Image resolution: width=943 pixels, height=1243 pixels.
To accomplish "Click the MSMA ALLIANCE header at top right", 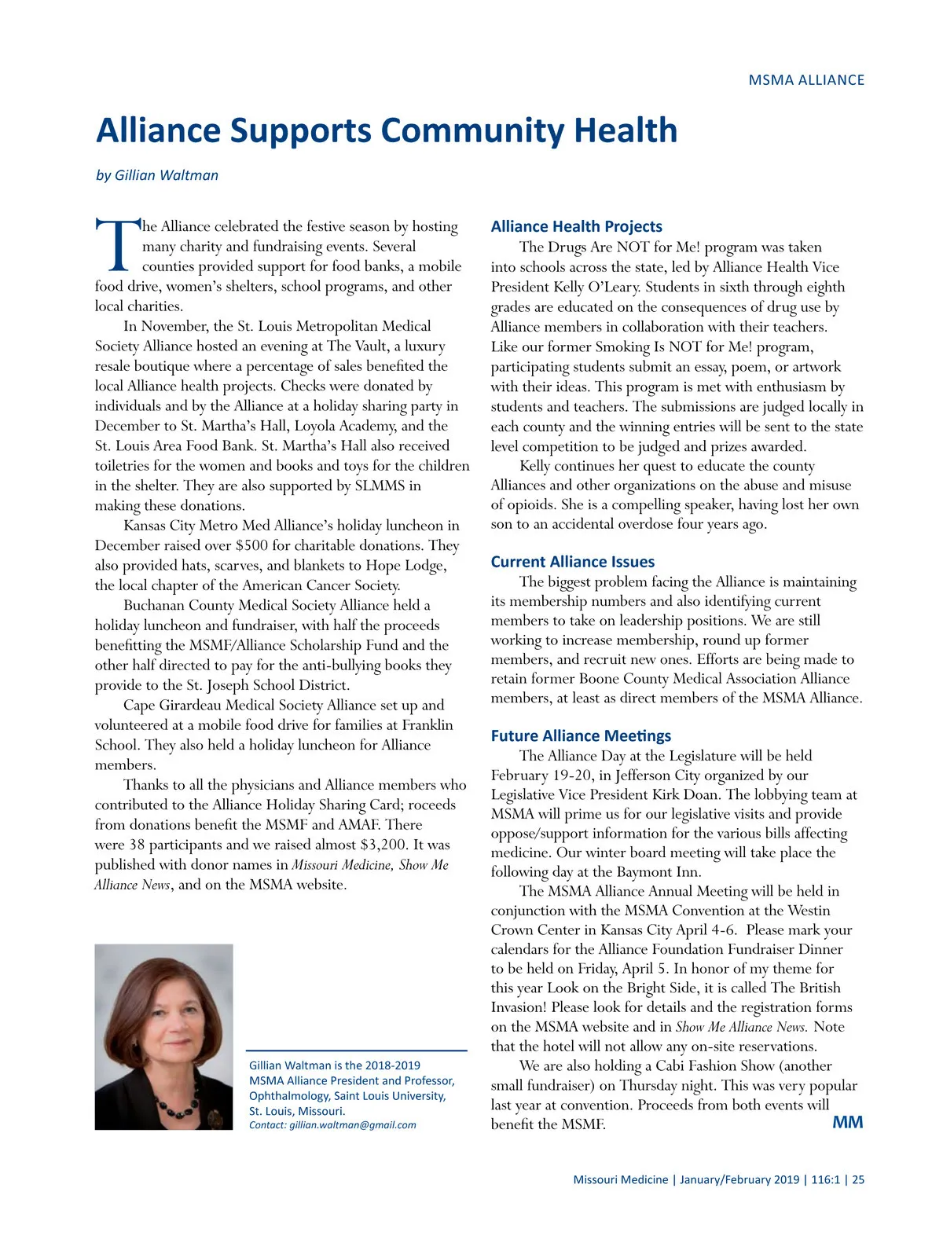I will tap(805, 80).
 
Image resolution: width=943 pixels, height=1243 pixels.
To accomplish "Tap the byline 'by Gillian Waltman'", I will tap(157, 175).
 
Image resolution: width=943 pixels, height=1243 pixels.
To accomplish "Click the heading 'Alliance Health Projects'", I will tap(576, 226).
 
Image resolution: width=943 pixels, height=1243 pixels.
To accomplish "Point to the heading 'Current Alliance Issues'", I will tap(572, 562).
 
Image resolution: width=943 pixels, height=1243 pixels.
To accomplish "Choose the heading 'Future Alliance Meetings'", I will tap(581, 735).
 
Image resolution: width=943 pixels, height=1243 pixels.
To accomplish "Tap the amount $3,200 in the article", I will tap(383, 845).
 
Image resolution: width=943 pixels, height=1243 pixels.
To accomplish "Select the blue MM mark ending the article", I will tap(847, 1122).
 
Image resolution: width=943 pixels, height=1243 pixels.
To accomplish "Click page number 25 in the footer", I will tap(858, 1179).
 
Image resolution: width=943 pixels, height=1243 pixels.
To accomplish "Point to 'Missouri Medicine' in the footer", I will tap(620, 1179).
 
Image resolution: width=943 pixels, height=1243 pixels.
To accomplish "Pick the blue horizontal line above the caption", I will tap(357, 1050).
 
